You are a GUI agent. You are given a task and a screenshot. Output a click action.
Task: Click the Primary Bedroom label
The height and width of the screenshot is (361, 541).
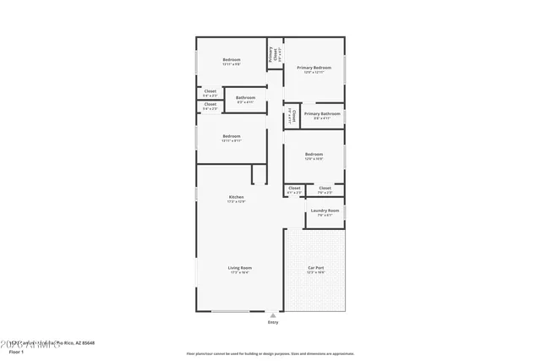314,68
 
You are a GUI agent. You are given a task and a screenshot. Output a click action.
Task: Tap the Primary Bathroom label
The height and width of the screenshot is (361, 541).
322,113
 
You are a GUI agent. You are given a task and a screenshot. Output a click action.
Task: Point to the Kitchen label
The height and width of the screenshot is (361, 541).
236,197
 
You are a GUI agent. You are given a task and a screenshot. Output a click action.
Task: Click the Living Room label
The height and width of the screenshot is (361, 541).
240,268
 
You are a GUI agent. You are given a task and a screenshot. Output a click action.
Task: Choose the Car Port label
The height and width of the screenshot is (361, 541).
315,268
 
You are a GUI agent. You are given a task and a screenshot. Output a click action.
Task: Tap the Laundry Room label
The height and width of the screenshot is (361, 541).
325,210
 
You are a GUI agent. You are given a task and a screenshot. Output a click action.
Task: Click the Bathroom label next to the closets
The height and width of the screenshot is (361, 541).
246,97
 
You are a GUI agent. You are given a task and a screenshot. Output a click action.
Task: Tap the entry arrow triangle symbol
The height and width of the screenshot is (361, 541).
273,315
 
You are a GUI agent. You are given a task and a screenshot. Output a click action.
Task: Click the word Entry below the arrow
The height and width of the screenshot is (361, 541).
273,322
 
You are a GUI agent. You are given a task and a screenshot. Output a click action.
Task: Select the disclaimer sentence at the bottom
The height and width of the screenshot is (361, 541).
270,353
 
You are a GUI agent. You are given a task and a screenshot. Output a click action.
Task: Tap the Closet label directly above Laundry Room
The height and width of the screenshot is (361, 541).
325,189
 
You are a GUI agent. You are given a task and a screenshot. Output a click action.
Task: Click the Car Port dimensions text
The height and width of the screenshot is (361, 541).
315,273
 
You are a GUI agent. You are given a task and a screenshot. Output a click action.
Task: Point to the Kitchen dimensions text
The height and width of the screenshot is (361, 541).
236,202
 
